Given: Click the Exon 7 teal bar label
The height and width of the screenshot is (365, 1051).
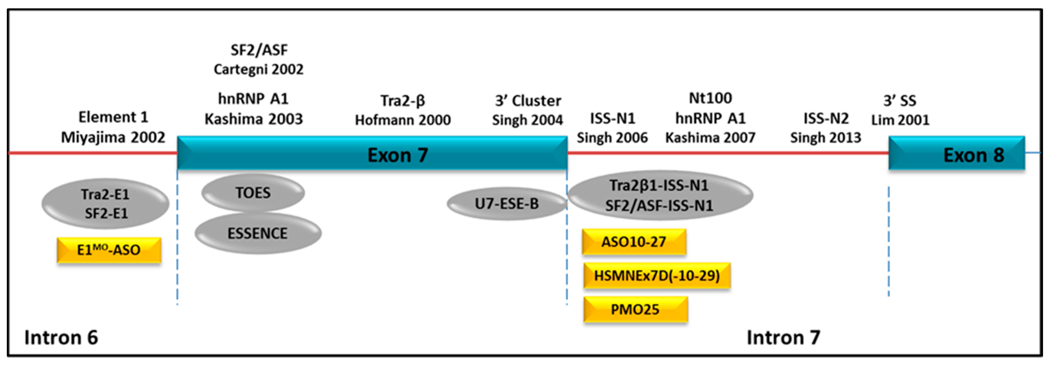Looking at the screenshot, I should [398, 155].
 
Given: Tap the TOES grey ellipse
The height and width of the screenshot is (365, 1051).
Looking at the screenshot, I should [253, 193].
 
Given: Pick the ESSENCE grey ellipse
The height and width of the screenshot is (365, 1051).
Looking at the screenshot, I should [258, 233].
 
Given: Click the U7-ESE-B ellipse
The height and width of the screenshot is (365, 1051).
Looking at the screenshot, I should [506, 203].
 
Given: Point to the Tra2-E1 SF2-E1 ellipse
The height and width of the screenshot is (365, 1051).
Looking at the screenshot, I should [105, 203].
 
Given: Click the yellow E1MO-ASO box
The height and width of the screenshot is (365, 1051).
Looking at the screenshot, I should [109, 250].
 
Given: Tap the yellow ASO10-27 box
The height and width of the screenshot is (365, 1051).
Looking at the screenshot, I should [634, 242].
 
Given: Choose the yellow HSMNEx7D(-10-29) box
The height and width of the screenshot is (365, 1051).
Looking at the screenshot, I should [656, 276].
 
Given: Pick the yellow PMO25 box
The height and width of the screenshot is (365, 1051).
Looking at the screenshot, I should [635, 309].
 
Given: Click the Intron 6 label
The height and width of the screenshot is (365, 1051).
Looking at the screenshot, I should [61, 338].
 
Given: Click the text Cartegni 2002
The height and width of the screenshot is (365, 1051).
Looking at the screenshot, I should [259, 69].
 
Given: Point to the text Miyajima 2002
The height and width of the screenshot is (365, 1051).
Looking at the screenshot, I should [113, 137].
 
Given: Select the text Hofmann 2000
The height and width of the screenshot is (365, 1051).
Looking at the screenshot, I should [403, 120].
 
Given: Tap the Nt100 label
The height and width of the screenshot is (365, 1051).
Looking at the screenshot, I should [710, 98].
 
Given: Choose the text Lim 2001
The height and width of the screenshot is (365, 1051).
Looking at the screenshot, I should [900, 120].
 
